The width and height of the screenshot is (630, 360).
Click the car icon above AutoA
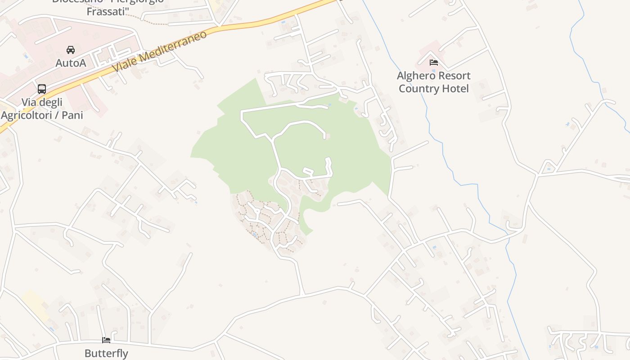point(71,49)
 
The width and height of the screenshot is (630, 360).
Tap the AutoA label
point(71,63)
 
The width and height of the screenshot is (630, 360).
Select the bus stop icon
point(42,89)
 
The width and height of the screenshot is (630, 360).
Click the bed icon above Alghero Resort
point(434,63)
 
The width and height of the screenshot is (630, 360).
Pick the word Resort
point(454,76)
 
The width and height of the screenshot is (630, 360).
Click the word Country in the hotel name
point(417,88)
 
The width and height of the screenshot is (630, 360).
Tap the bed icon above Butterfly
point(106,340)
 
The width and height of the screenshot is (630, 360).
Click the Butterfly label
point(106,353)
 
